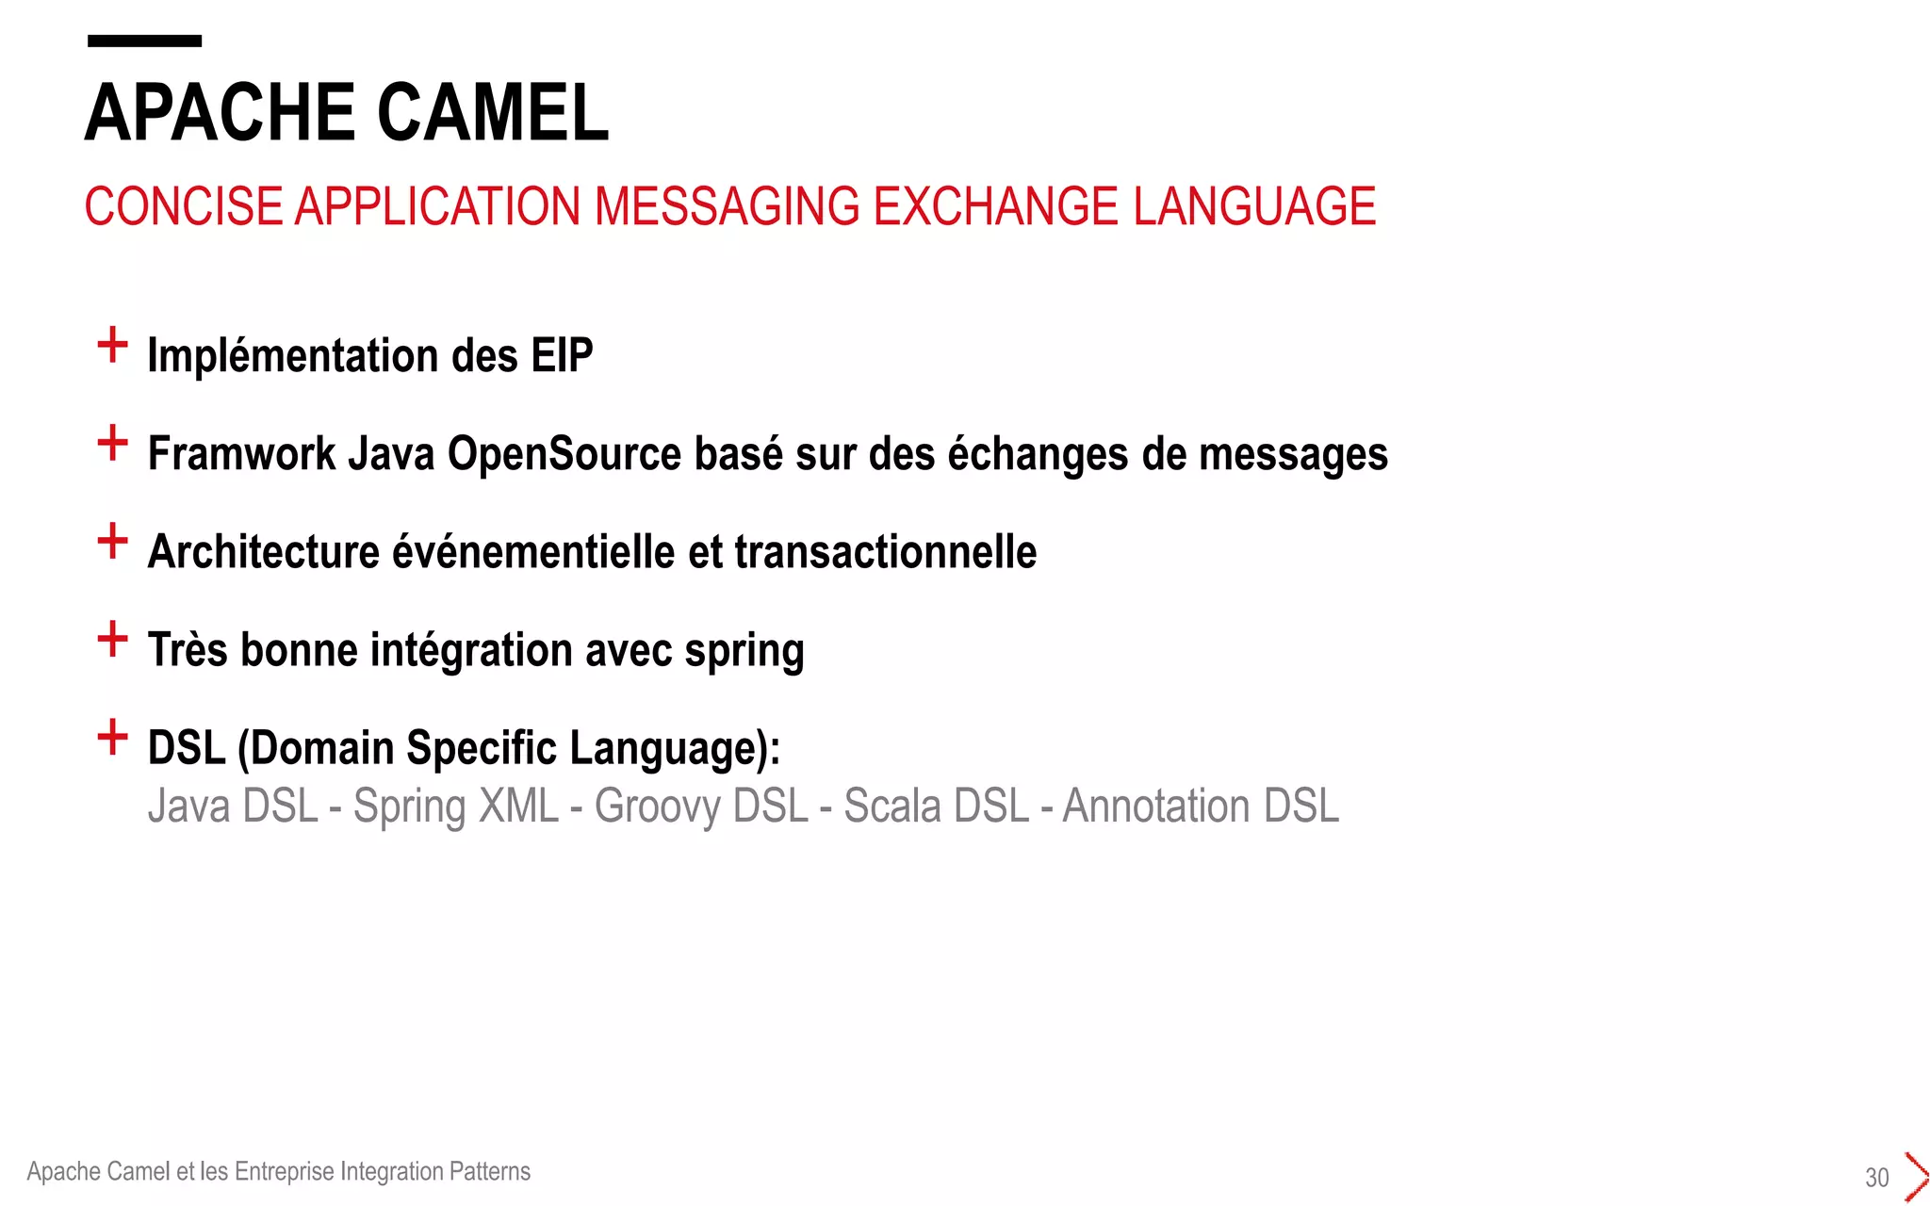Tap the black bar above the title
coord(144,41)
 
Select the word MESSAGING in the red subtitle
coord(727,206)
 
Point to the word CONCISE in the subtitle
coord(184,206)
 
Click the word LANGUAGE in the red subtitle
coord(1253,206)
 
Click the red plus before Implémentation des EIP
coord(112,345)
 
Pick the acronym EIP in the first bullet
coord(562,356)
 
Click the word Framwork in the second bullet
coord(241,454)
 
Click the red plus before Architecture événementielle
coord(112,541)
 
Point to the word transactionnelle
coord(885,552)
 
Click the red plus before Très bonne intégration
coord(112,639)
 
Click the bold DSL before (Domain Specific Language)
coord(187,748)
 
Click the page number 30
coord(1876,1177)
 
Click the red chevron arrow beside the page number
coord(1915,1176)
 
